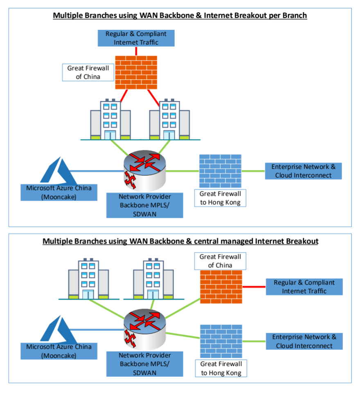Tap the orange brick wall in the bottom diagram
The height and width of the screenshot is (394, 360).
(221, 287)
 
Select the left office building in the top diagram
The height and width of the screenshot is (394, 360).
(105, 119)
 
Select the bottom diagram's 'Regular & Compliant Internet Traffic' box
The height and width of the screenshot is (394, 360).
(304, 287)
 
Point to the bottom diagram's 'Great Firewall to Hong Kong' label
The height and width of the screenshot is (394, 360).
(221, 368)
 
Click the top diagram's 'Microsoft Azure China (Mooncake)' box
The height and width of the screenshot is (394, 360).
(59, 192)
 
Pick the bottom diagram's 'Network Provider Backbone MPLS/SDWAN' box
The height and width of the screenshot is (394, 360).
(145, 364)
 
